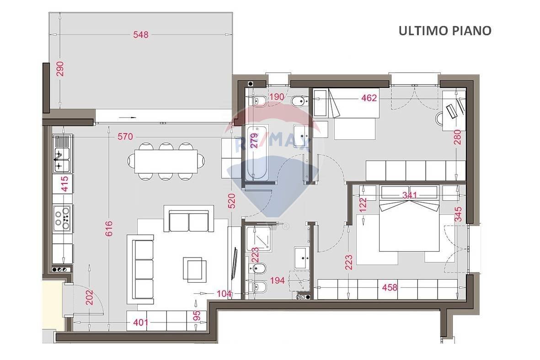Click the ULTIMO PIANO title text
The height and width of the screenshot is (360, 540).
point(445,31)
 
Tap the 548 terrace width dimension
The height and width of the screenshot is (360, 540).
point(141,34)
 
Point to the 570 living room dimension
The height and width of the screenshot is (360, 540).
point(125,136)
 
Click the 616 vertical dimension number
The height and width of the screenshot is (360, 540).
point(108,229)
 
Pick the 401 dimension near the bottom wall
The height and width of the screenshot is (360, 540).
point(141,322)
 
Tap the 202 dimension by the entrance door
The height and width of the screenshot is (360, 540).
point(89,297)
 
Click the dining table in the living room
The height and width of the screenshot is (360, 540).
point(166,161)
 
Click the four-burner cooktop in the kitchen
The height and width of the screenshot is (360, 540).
point(63,218)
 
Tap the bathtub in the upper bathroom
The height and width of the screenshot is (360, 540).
point(255,153)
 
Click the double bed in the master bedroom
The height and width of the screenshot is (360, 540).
point(410,219)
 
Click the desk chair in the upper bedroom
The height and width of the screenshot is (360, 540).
point(440,118)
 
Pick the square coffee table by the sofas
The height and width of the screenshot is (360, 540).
point(195,269)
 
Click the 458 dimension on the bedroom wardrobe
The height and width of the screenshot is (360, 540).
point(390,287)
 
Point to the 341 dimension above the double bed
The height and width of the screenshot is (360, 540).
point(410,195)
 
